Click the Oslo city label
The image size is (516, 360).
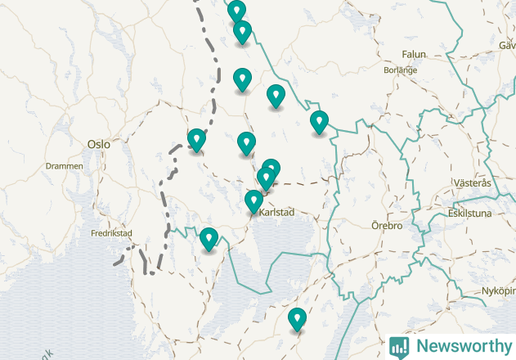coord(98,144)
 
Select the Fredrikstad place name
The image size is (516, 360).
coord(111,233)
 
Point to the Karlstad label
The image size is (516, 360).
coord(276,213)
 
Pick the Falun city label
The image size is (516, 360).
coord(414,55)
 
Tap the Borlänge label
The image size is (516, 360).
coord(401,70)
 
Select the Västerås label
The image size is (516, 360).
coord(473,183)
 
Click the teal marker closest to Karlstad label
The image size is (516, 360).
coord(254,200)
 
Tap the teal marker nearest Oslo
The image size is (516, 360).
coord(196,141)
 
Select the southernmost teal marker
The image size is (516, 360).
coord(297,319)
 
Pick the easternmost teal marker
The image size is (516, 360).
coord(319,122)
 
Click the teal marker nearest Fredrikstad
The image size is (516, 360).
coord(209,239)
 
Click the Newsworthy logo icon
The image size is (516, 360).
coord(399,346)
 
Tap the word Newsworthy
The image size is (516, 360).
coord(461,346)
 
